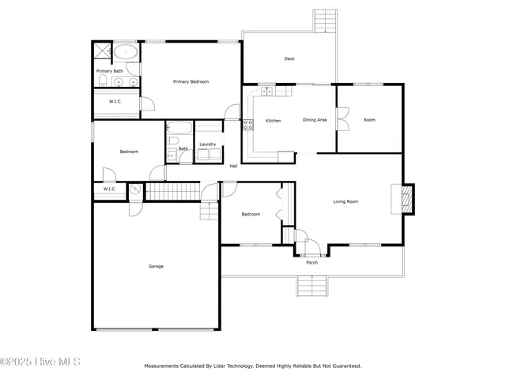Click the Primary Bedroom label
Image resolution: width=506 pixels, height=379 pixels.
191,81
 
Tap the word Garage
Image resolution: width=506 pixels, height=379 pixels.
156,266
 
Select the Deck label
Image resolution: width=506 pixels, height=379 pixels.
289,58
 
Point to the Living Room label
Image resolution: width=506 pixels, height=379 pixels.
346,201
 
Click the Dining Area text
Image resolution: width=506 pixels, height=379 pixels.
315,120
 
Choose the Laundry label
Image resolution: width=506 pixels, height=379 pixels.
208,144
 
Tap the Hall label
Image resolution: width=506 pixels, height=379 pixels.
233,166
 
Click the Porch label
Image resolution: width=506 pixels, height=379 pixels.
312,262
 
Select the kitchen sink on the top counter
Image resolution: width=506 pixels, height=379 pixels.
267,92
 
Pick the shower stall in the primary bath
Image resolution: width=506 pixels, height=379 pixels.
101,52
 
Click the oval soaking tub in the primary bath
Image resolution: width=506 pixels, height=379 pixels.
126,53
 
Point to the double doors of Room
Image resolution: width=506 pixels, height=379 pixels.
342,121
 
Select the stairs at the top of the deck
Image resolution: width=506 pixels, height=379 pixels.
325,21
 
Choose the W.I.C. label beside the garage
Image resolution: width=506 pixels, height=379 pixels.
109,189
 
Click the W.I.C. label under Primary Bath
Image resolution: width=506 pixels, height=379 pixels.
115,101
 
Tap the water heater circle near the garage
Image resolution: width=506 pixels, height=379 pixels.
134,189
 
